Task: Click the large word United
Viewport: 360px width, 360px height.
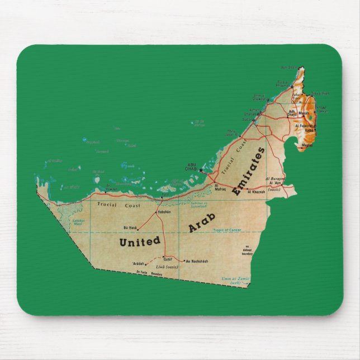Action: pos(140,241)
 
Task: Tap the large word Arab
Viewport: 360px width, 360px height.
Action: pos(202,222)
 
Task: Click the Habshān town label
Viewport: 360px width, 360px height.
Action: pos(164,212)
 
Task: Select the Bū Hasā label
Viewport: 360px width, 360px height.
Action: pos(129,228)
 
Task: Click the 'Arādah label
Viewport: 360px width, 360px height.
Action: pos(138,263)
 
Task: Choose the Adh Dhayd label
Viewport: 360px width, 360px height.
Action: pos(292,112)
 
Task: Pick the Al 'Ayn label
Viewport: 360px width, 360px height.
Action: pos(275,183)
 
